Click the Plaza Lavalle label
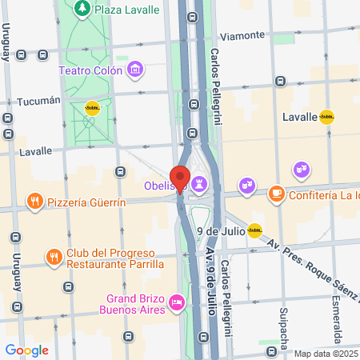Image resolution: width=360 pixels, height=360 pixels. pyautogui.click(x=126, y=10)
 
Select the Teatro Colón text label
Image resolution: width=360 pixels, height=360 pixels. pyautogui.click(x=90, y=70)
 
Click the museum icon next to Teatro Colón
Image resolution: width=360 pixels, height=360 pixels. pyautogui.click(x=135, y=70)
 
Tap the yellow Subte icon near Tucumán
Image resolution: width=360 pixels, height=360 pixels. pyautogui.click(x=92, y=110)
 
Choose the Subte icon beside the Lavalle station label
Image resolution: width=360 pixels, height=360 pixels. pyautogui.click(x=326, y=117)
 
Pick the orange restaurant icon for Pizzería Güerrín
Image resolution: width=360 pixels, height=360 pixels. pyautogui.click(x=34, y=200)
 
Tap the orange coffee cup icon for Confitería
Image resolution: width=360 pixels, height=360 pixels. pyautogui.click(x=275, y=193)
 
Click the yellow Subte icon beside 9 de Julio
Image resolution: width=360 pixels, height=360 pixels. pyautogui.click(x=254, y=231)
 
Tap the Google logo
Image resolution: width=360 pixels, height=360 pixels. pyautogui.click(x=27, y=350)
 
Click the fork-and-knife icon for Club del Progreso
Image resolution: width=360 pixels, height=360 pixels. pyautogui.click(x=53, y=257)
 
